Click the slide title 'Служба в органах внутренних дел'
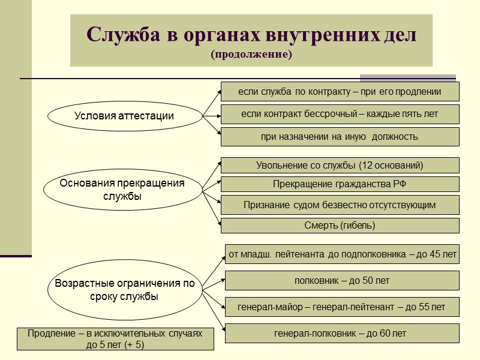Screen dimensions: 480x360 251,34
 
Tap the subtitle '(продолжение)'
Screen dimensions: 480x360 251,55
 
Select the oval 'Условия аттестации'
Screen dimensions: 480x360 124,116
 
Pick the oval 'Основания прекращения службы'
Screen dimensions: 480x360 122,190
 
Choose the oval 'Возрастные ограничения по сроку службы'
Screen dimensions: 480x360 125,290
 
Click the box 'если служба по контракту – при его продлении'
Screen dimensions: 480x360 340,92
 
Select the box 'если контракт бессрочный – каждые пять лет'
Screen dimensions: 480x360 340,114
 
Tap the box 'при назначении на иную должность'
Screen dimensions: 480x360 340,137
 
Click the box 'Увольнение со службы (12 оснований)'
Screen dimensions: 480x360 340,165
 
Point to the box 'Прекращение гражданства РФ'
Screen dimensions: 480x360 340,184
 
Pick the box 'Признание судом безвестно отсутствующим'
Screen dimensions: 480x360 340,205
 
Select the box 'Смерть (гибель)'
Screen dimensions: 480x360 340,226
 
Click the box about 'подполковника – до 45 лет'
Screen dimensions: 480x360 342,254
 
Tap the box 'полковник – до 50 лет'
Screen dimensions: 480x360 342,280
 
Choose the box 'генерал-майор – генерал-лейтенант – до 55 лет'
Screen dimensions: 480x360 342,307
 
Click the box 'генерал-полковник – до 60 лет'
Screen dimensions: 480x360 342,333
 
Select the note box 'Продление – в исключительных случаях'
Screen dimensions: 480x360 115,339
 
